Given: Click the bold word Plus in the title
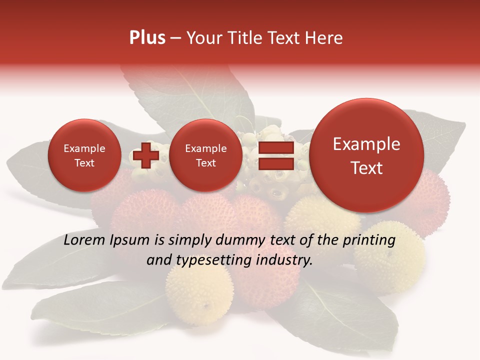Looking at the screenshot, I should pyautogui.click(x=147, y=38).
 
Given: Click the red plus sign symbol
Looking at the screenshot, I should pyautogui.click(x=146, y=155).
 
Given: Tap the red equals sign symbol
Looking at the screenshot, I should pyautogui.click(x=276, y=155).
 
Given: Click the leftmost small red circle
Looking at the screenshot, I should pyautogui.click(x=84, y=155).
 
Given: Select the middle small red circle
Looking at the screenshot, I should pyautogui.click(x=206, y=155).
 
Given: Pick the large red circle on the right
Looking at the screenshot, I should pyautogui.click(x=366, y=155).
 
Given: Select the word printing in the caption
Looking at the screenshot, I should pyautogui.click(x=368, y=240).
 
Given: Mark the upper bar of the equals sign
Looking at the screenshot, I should pyautogui.click(x=276, y=147).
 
